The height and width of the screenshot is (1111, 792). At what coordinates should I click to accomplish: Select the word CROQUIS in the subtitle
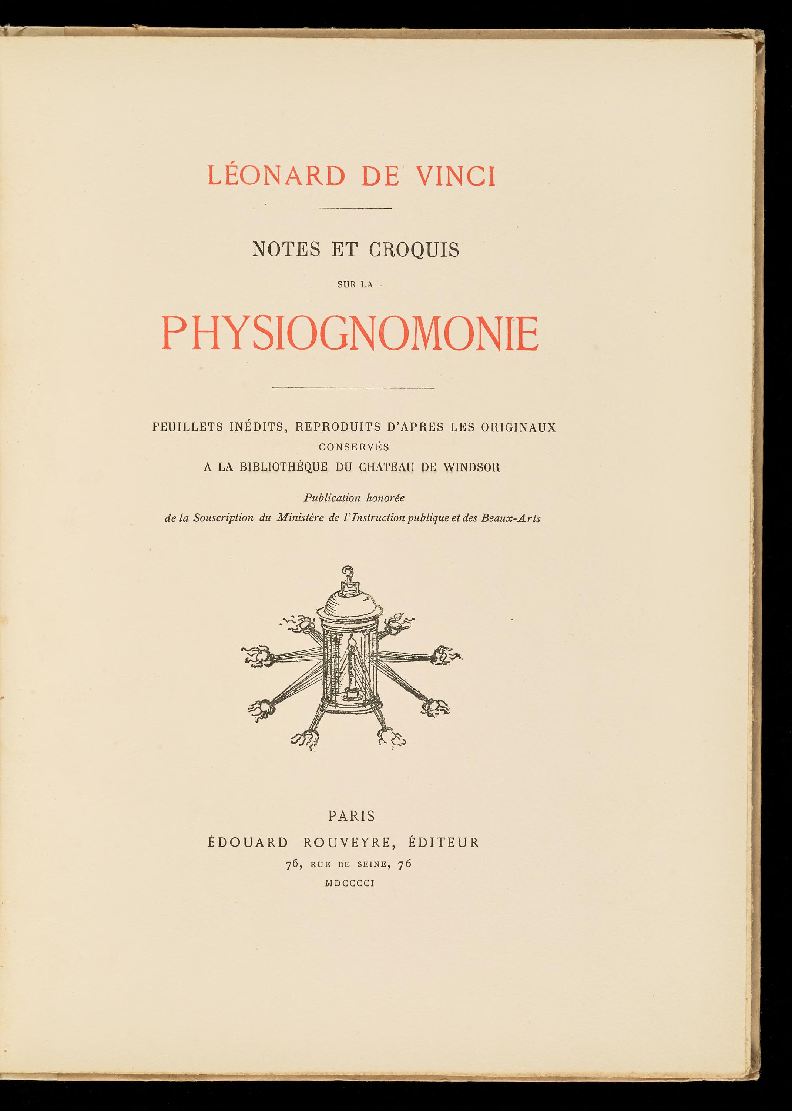414,250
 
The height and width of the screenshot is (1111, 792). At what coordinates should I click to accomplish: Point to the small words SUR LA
355,285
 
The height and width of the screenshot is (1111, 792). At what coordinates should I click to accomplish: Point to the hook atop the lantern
347,571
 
